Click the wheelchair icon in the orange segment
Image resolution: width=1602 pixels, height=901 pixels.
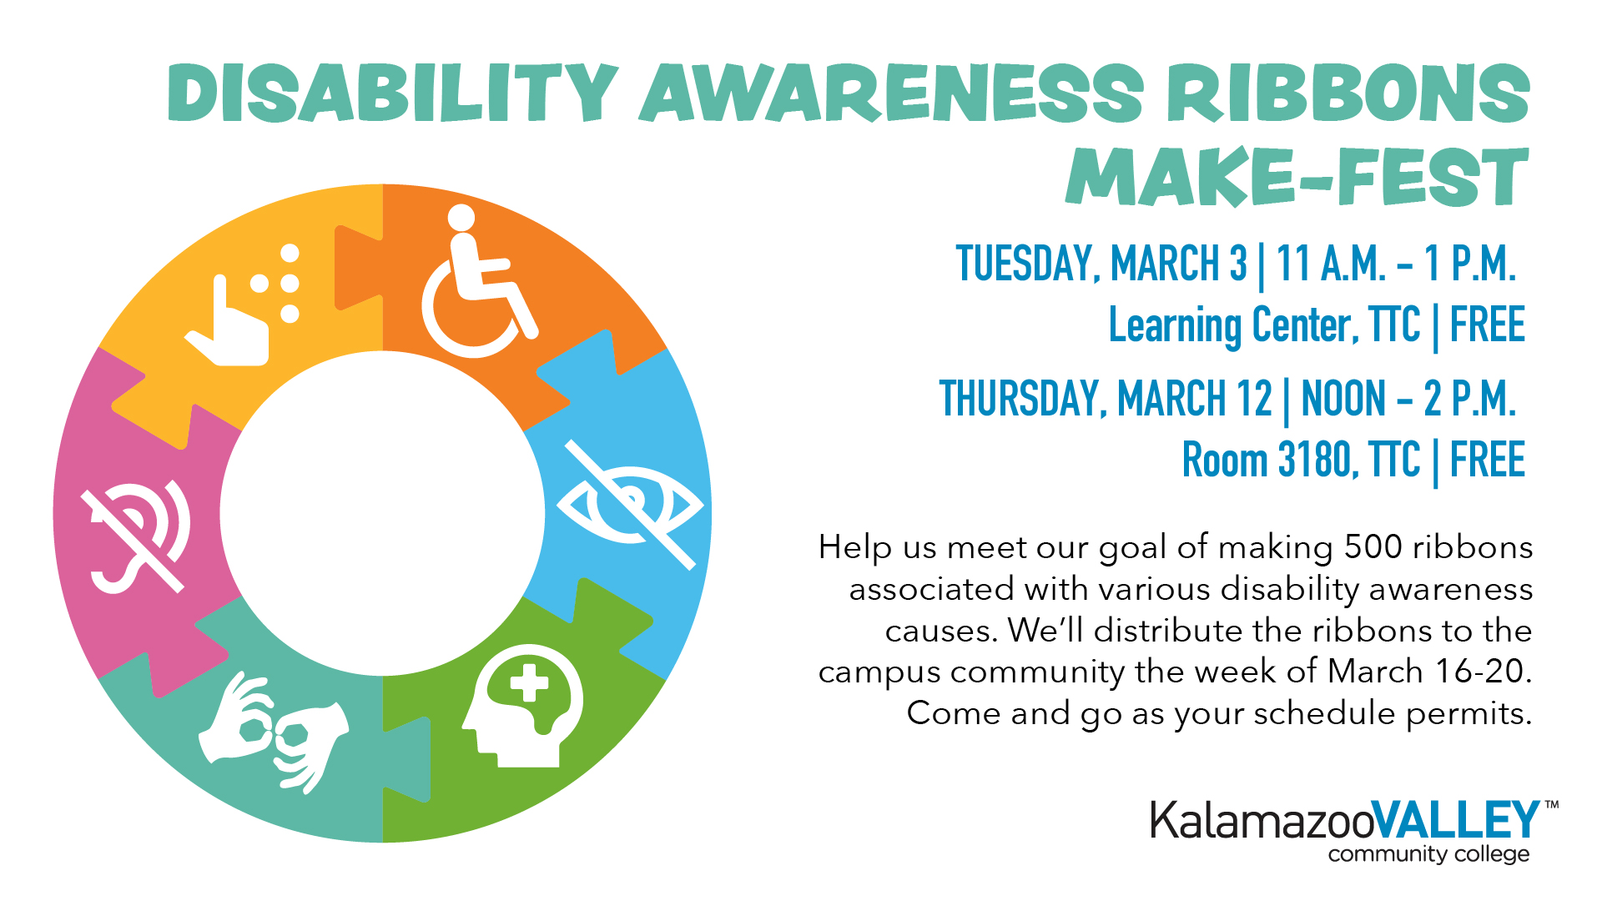pos(476,284)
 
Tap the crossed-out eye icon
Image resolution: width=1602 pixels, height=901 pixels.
pos(630,506)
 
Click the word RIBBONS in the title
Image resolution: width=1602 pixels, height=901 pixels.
pos(1348,93)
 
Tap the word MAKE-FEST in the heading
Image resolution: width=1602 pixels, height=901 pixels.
pos(1297,177)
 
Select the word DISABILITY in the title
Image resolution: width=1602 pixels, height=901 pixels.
pos(392,93)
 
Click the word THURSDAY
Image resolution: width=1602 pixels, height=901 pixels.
pos(1023,399)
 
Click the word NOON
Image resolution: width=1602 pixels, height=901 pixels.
pos(1343,399)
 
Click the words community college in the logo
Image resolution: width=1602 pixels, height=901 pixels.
pos(1428,854)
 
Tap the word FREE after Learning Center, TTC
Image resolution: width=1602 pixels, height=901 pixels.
pos(1487,325)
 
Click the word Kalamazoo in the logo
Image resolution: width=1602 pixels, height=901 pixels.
pos(1260,821)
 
